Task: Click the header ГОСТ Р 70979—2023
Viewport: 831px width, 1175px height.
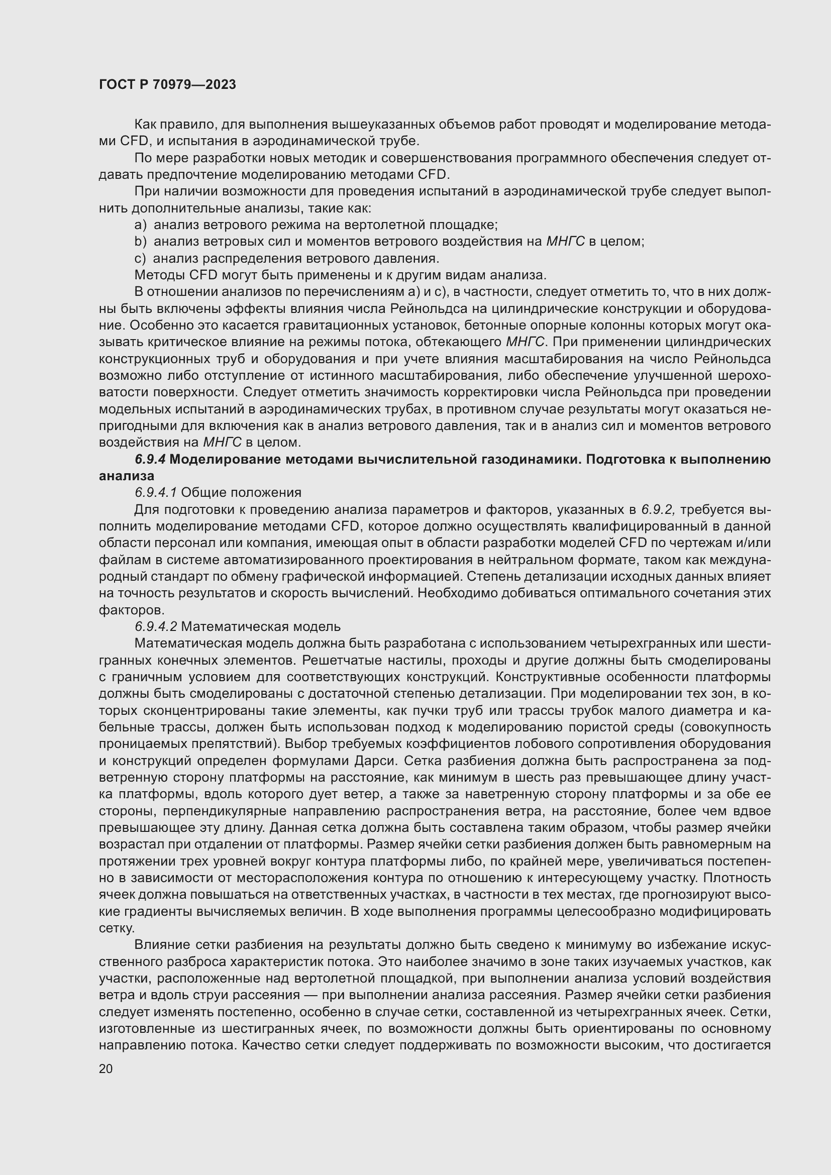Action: (x=167, y=84)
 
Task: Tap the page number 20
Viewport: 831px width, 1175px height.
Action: (x=106, y=1069)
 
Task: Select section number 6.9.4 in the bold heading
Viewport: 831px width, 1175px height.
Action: (x=150, y=459)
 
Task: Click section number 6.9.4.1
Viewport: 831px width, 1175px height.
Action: (x=156, y=492)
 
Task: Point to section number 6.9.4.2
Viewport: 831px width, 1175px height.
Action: (x=156, y=626)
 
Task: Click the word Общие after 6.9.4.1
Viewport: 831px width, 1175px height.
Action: (x=203, y=492)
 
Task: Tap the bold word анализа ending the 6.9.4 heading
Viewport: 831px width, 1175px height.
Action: (x=126, y=476)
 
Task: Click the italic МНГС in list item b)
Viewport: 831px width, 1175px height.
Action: (x=565, y=242)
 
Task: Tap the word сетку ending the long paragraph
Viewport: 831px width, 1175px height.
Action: (x=116, y=928)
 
